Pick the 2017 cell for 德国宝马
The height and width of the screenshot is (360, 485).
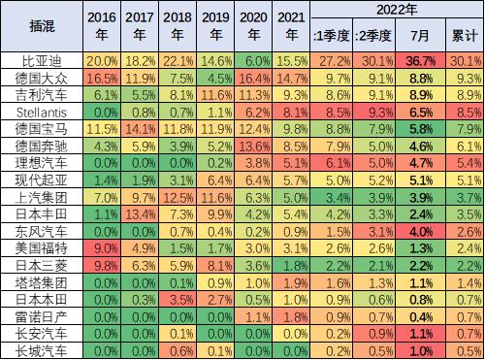(x=138, y=127)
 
